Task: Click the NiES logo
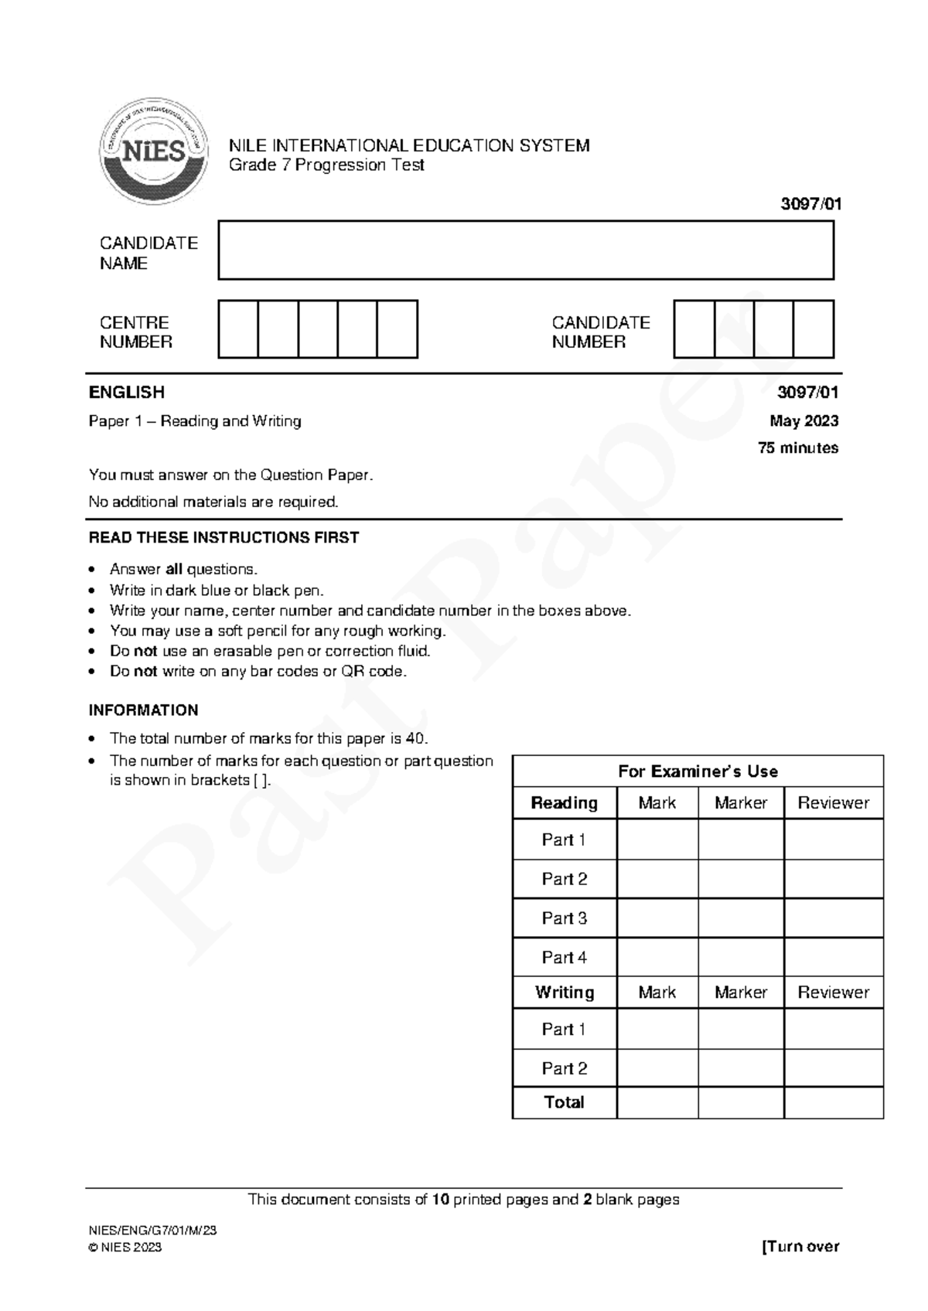[153, 151]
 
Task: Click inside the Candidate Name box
[526, 250]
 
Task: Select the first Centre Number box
[238, 329]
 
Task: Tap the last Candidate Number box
[814, 329]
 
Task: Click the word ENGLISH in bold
[127, 392]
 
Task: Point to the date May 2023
[803, 421]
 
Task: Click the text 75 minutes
[798, 448]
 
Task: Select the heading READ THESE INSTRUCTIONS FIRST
[223, 537]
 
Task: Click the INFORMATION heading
[143, 710]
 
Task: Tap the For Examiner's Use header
[698, 771]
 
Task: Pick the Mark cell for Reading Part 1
[657, 839]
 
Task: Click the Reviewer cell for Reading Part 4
[833, 957]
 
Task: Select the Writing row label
[565, 993]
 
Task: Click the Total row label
[565, 1102]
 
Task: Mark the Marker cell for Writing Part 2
[741, 1068]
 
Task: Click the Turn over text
[801, 1246]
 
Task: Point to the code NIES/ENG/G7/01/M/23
[152, 1231]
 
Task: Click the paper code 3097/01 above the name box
[810, 204]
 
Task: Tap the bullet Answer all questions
[183, 570]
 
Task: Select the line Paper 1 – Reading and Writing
[195, 421]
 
